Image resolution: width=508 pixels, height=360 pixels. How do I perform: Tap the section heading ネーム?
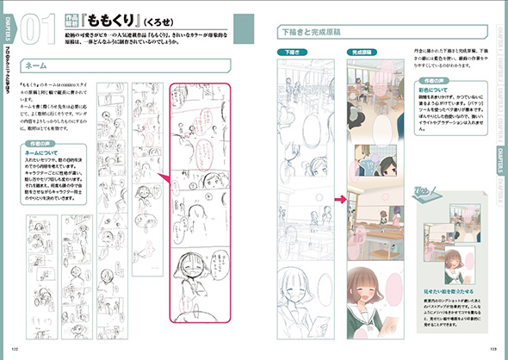pos(38,65)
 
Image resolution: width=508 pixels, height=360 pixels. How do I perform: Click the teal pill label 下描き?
pos(294,53)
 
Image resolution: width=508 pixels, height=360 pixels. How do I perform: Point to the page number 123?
pos(493,350)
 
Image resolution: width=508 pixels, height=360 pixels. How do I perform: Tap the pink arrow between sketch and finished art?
pos(339,201)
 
